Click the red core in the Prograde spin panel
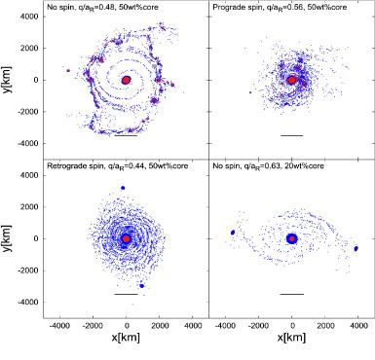pos(292,79)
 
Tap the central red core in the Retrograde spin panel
pos(126,237)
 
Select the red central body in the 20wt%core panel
pos(292,237)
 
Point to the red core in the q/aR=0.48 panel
pos(127,80)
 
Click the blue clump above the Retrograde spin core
pos(123,188)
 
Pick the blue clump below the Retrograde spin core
pos(141,285)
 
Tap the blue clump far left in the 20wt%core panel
pos(232,232)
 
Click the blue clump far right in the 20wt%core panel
pos(356,247)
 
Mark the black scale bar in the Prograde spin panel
pos(291,135)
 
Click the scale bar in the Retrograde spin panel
pos(126,294)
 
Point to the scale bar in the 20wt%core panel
pos(291,294)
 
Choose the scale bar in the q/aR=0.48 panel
pos(126,135)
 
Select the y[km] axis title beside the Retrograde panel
pos(12,237)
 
